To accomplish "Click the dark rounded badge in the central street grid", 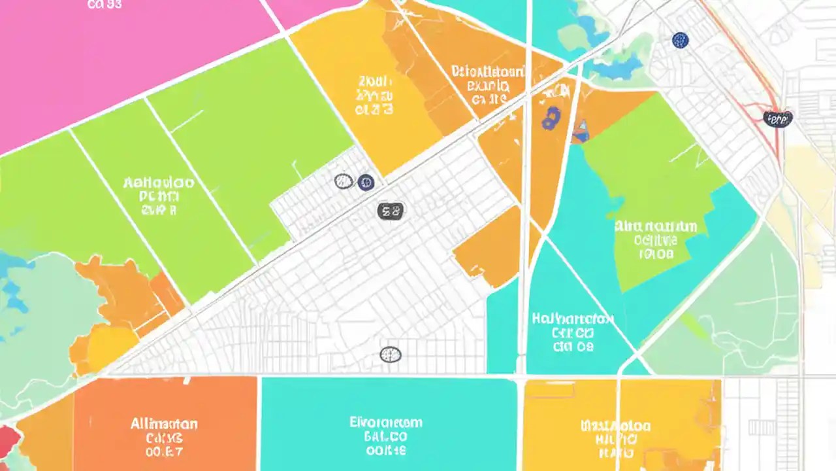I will click(391, 211).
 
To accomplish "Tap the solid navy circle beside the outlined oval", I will click(366, 182).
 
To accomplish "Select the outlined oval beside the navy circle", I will click(344, 181).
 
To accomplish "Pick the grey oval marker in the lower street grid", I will click(391, 355).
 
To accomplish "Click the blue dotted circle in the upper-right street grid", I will click(680, 41).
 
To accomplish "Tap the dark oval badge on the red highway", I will click(777, 118).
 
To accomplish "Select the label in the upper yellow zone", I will click(375, 96).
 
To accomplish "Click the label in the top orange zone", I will click(488, 85).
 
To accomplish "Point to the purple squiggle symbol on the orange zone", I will click(550, 118).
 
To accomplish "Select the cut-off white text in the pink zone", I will click(104, 5).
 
